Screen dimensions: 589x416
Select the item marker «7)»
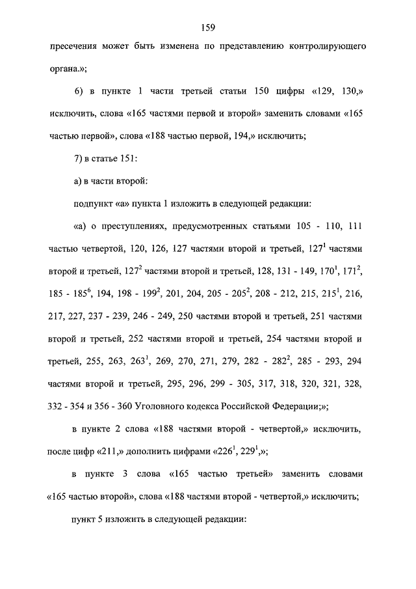80,159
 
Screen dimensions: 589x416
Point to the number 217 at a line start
57,316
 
